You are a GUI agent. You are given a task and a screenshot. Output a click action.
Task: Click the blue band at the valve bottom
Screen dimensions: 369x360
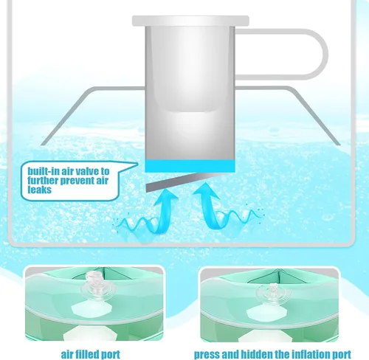(x=190, y=166)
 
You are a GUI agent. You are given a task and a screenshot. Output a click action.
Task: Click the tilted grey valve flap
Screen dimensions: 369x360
(x=182, y=181)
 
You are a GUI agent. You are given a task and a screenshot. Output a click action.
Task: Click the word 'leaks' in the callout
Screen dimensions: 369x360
(x=39, y=190)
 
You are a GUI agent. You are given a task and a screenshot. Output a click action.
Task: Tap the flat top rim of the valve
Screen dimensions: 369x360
(x=190, y=21)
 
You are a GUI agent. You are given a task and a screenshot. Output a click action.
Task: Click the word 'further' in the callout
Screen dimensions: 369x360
(x=44, y=181)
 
